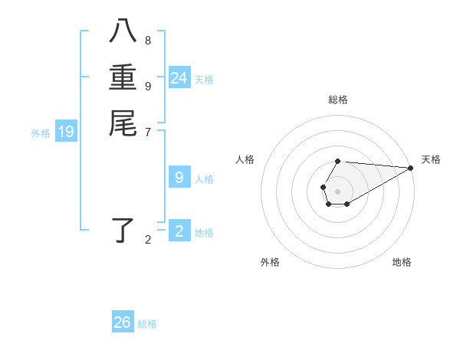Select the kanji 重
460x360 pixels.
(123, 79)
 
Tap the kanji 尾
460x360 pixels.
(123, 123)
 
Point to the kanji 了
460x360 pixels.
(123, 231)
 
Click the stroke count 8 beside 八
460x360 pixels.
(148, 41)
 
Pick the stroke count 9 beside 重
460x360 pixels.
(148, 86)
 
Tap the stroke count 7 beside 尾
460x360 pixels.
(148, 131)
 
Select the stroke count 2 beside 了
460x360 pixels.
(148, 240)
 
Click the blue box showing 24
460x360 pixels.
(179, 78)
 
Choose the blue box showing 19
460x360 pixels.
(66, 133)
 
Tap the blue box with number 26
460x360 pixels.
(123, 322)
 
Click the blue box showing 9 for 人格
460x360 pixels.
(179, 178)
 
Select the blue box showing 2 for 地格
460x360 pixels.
(179, 231)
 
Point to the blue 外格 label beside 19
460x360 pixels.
(41, 133)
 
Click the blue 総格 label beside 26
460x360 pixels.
(147, 324)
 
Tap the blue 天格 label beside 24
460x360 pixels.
(204, 80)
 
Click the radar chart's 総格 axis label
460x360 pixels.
(338, 100)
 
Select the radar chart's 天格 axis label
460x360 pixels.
(431, 159)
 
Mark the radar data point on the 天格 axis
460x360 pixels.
(411, 168)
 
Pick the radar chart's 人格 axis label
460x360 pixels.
(245, 159)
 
